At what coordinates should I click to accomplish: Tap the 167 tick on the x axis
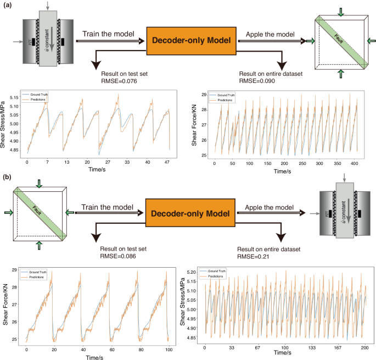point(338,348)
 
